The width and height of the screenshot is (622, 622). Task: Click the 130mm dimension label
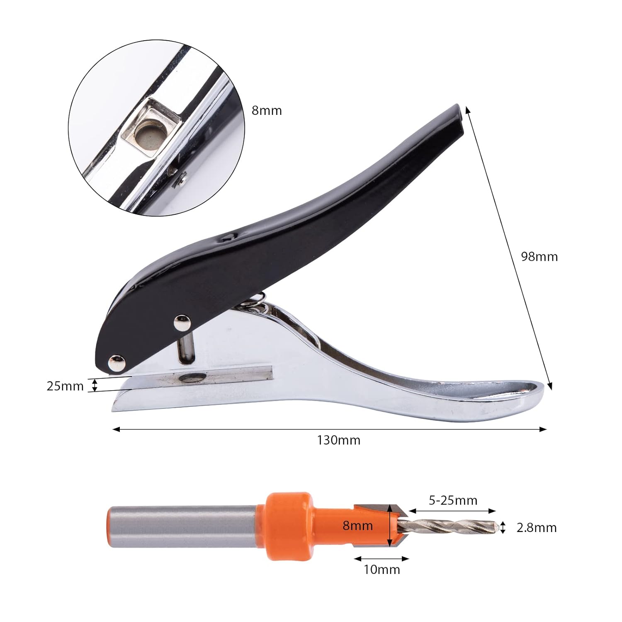coord(339,440)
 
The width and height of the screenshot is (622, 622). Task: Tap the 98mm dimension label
coord(539,257)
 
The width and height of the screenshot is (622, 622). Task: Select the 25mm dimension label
coord(65,386)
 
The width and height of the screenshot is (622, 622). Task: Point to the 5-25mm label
coord(453,501)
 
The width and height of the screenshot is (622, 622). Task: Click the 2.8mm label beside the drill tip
coord(537,527)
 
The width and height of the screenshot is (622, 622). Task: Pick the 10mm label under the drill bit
coord(382,569)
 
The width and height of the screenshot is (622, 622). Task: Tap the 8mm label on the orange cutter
coord(357,526)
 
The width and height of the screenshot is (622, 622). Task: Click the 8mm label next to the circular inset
coord(267,111)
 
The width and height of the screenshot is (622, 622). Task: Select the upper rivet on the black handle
coord(181,323)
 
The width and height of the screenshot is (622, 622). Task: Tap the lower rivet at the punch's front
coord(117,363)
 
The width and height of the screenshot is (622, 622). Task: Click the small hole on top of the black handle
coord(227,238)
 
